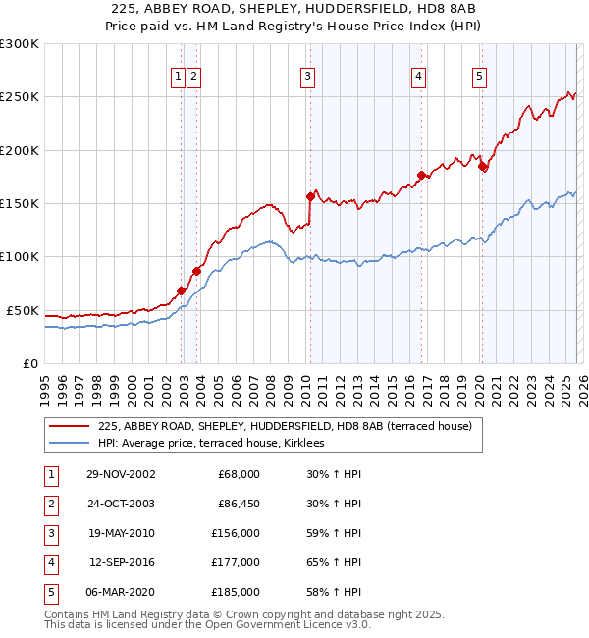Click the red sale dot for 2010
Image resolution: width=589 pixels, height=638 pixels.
point(311,196)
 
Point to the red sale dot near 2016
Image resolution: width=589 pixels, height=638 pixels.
point(421,175)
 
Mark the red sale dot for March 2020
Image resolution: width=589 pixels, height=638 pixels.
point(482,166)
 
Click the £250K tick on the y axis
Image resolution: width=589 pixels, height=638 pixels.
point(20,97)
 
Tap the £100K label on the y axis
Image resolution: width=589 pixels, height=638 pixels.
point(20,257)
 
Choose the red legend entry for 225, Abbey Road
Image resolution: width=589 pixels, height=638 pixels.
point(285,426)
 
